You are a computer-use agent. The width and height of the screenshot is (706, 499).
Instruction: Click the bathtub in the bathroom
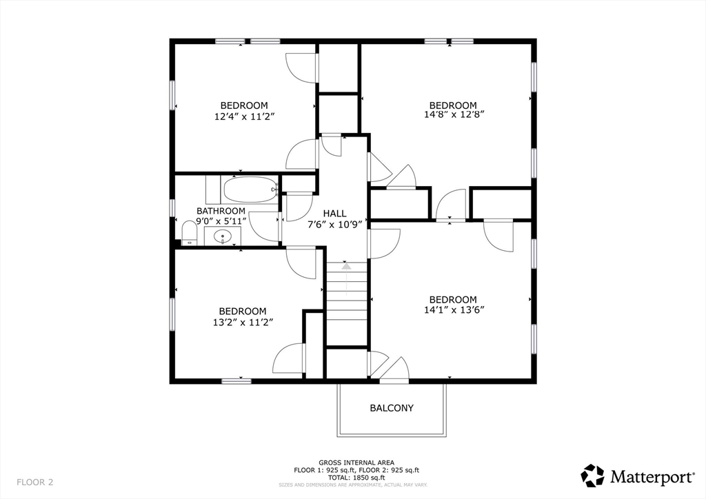pos(250,190)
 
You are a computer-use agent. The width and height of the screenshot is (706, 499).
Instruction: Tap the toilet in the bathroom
pos(190,233)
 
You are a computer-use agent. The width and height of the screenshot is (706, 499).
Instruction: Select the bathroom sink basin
pos(223,236)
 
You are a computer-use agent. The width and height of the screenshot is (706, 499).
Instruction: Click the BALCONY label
pos(392,408)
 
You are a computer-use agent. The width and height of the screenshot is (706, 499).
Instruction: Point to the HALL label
pos(334,214)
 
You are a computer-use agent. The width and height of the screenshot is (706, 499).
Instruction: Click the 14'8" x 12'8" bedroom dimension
pos(454,114)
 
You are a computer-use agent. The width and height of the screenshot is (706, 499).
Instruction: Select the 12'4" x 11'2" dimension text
pos(245,116)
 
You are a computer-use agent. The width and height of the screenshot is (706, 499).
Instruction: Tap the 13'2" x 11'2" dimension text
pos(243,322)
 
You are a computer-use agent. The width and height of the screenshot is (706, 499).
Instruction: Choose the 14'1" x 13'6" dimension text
pos(454,309)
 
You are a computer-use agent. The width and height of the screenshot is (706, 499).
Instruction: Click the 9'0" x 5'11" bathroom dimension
pos(221,221)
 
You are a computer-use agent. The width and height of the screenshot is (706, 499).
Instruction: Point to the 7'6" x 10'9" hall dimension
pos(334,225)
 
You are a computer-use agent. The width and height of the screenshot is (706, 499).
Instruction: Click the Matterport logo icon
pos(592,476)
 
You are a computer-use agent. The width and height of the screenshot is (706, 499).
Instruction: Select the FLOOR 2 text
pos(34,482)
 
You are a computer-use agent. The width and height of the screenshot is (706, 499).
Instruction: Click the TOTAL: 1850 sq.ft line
pos(356,478)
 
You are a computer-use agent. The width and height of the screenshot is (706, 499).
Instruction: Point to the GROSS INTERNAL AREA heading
pos(356,462)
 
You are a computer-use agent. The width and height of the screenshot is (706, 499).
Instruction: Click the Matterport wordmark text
pos(652,477)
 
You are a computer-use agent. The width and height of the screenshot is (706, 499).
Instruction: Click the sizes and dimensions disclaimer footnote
pos(353,485)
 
